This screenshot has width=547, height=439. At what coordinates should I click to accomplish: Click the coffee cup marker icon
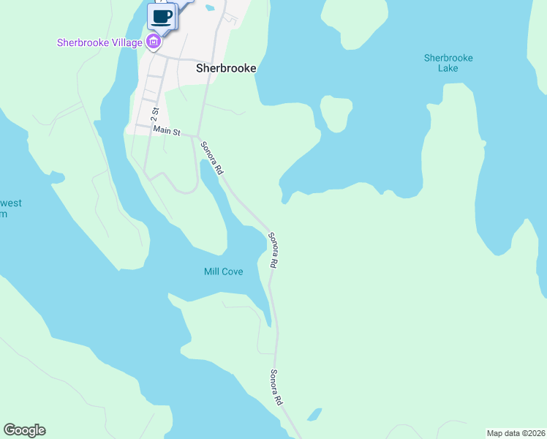click(162, 16)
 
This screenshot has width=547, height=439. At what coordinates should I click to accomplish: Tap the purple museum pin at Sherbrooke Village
click(154, 42)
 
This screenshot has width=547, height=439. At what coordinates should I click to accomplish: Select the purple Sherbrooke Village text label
click(99, 42)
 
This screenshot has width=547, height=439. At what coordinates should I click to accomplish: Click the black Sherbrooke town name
click(226, 68)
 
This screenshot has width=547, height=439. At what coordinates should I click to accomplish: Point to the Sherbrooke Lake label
click(448, 63)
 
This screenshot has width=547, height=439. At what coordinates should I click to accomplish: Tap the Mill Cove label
click(223, 271)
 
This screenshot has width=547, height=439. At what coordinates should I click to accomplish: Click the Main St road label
click(167, 130)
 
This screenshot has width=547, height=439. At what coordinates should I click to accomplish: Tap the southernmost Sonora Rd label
click(276, 387)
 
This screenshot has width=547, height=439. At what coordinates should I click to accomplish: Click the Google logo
click(25, 430)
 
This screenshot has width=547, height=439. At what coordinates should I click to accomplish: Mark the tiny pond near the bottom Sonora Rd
click(314, 415)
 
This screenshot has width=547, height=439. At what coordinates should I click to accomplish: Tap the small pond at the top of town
click(211, 8)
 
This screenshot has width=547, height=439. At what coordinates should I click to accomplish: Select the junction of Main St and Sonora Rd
click(198, 136)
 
